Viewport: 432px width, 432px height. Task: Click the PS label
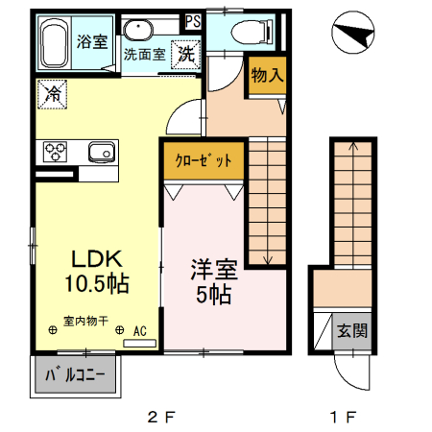193,19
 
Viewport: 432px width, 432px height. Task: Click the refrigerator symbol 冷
52,94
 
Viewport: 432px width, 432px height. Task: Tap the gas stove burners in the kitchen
53,153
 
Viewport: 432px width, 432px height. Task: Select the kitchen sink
101,152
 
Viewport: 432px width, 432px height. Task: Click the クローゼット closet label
203,159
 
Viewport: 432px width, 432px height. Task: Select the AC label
138,331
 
